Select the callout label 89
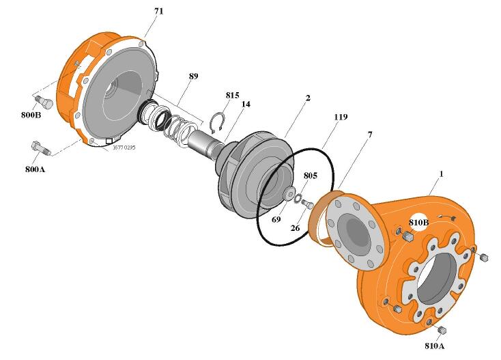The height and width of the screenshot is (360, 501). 193,77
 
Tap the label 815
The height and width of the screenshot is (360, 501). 233,95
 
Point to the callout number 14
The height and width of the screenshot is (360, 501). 246,104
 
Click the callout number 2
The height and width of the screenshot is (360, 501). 308,98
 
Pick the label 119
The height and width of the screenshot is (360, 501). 341,117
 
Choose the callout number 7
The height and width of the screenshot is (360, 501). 369,135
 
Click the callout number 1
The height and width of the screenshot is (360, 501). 441,174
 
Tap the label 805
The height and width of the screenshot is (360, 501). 310,176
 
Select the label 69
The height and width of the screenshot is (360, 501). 276,219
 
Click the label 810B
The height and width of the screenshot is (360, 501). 419,222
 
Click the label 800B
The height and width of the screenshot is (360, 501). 30,114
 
